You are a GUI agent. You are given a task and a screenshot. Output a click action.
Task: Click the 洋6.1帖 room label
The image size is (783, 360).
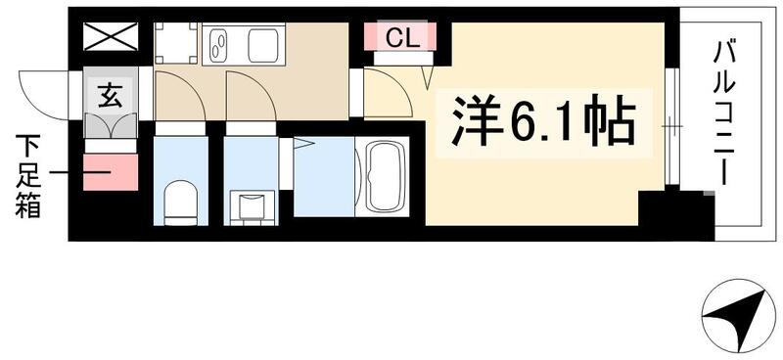pyautogui.click(x=542, y=123)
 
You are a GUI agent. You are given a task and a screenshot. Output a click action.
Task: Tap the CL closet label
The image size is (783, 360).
pyautogui.click(x=398, y=39)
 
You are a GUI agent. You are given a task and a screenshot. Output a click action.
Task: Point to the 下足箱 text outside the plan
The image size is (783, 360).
pyautogui.click(x=27, y=177)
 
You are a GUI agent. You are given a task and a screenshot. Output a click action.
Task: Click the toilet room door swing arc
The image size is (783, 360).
pyautogui.click(x=182, y=100)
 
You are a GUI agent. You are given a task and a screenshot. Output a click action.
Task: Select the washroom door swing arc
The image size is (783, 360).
pyautogui.click(x=251, y=100)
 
